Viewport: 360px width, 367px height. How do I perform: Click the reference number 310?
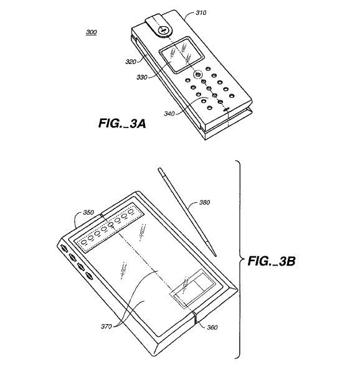click(201, 12)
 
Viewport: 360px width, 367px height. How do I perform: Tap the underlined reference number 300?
click(91, 32)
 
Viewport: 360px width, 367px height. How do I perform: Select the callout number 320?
click(131, 62)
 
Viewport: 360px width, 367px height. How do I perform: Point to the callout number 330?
click(142, 77)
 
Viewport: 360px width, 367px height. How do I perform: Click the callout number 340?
click(169, 113)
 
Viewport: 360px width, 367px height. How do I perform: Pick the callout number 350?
click(88, 212)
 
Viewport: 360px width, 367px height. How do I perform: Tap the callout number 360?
click(212, 327)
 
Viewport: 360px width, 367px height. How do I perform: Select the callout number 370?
click(106, 326)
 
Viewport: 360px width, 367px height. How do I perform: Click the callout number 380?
click(204, 202)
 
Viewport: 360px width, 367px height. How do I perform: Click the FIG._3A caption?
click(122, 123)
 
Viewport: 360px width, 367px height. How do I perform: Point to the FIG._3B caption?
click(272, 261)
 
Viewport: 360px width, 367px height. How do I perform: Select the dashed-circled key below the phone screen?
click(198, 75)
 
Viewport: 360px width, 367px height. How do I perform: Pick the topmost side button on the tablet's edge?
click(64, 248)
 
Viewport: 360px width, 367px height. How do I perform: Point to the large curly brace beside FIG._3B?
click(240, 259)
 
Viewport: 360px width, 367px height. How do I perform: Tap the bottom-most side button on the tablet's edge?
click(89, 276)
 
